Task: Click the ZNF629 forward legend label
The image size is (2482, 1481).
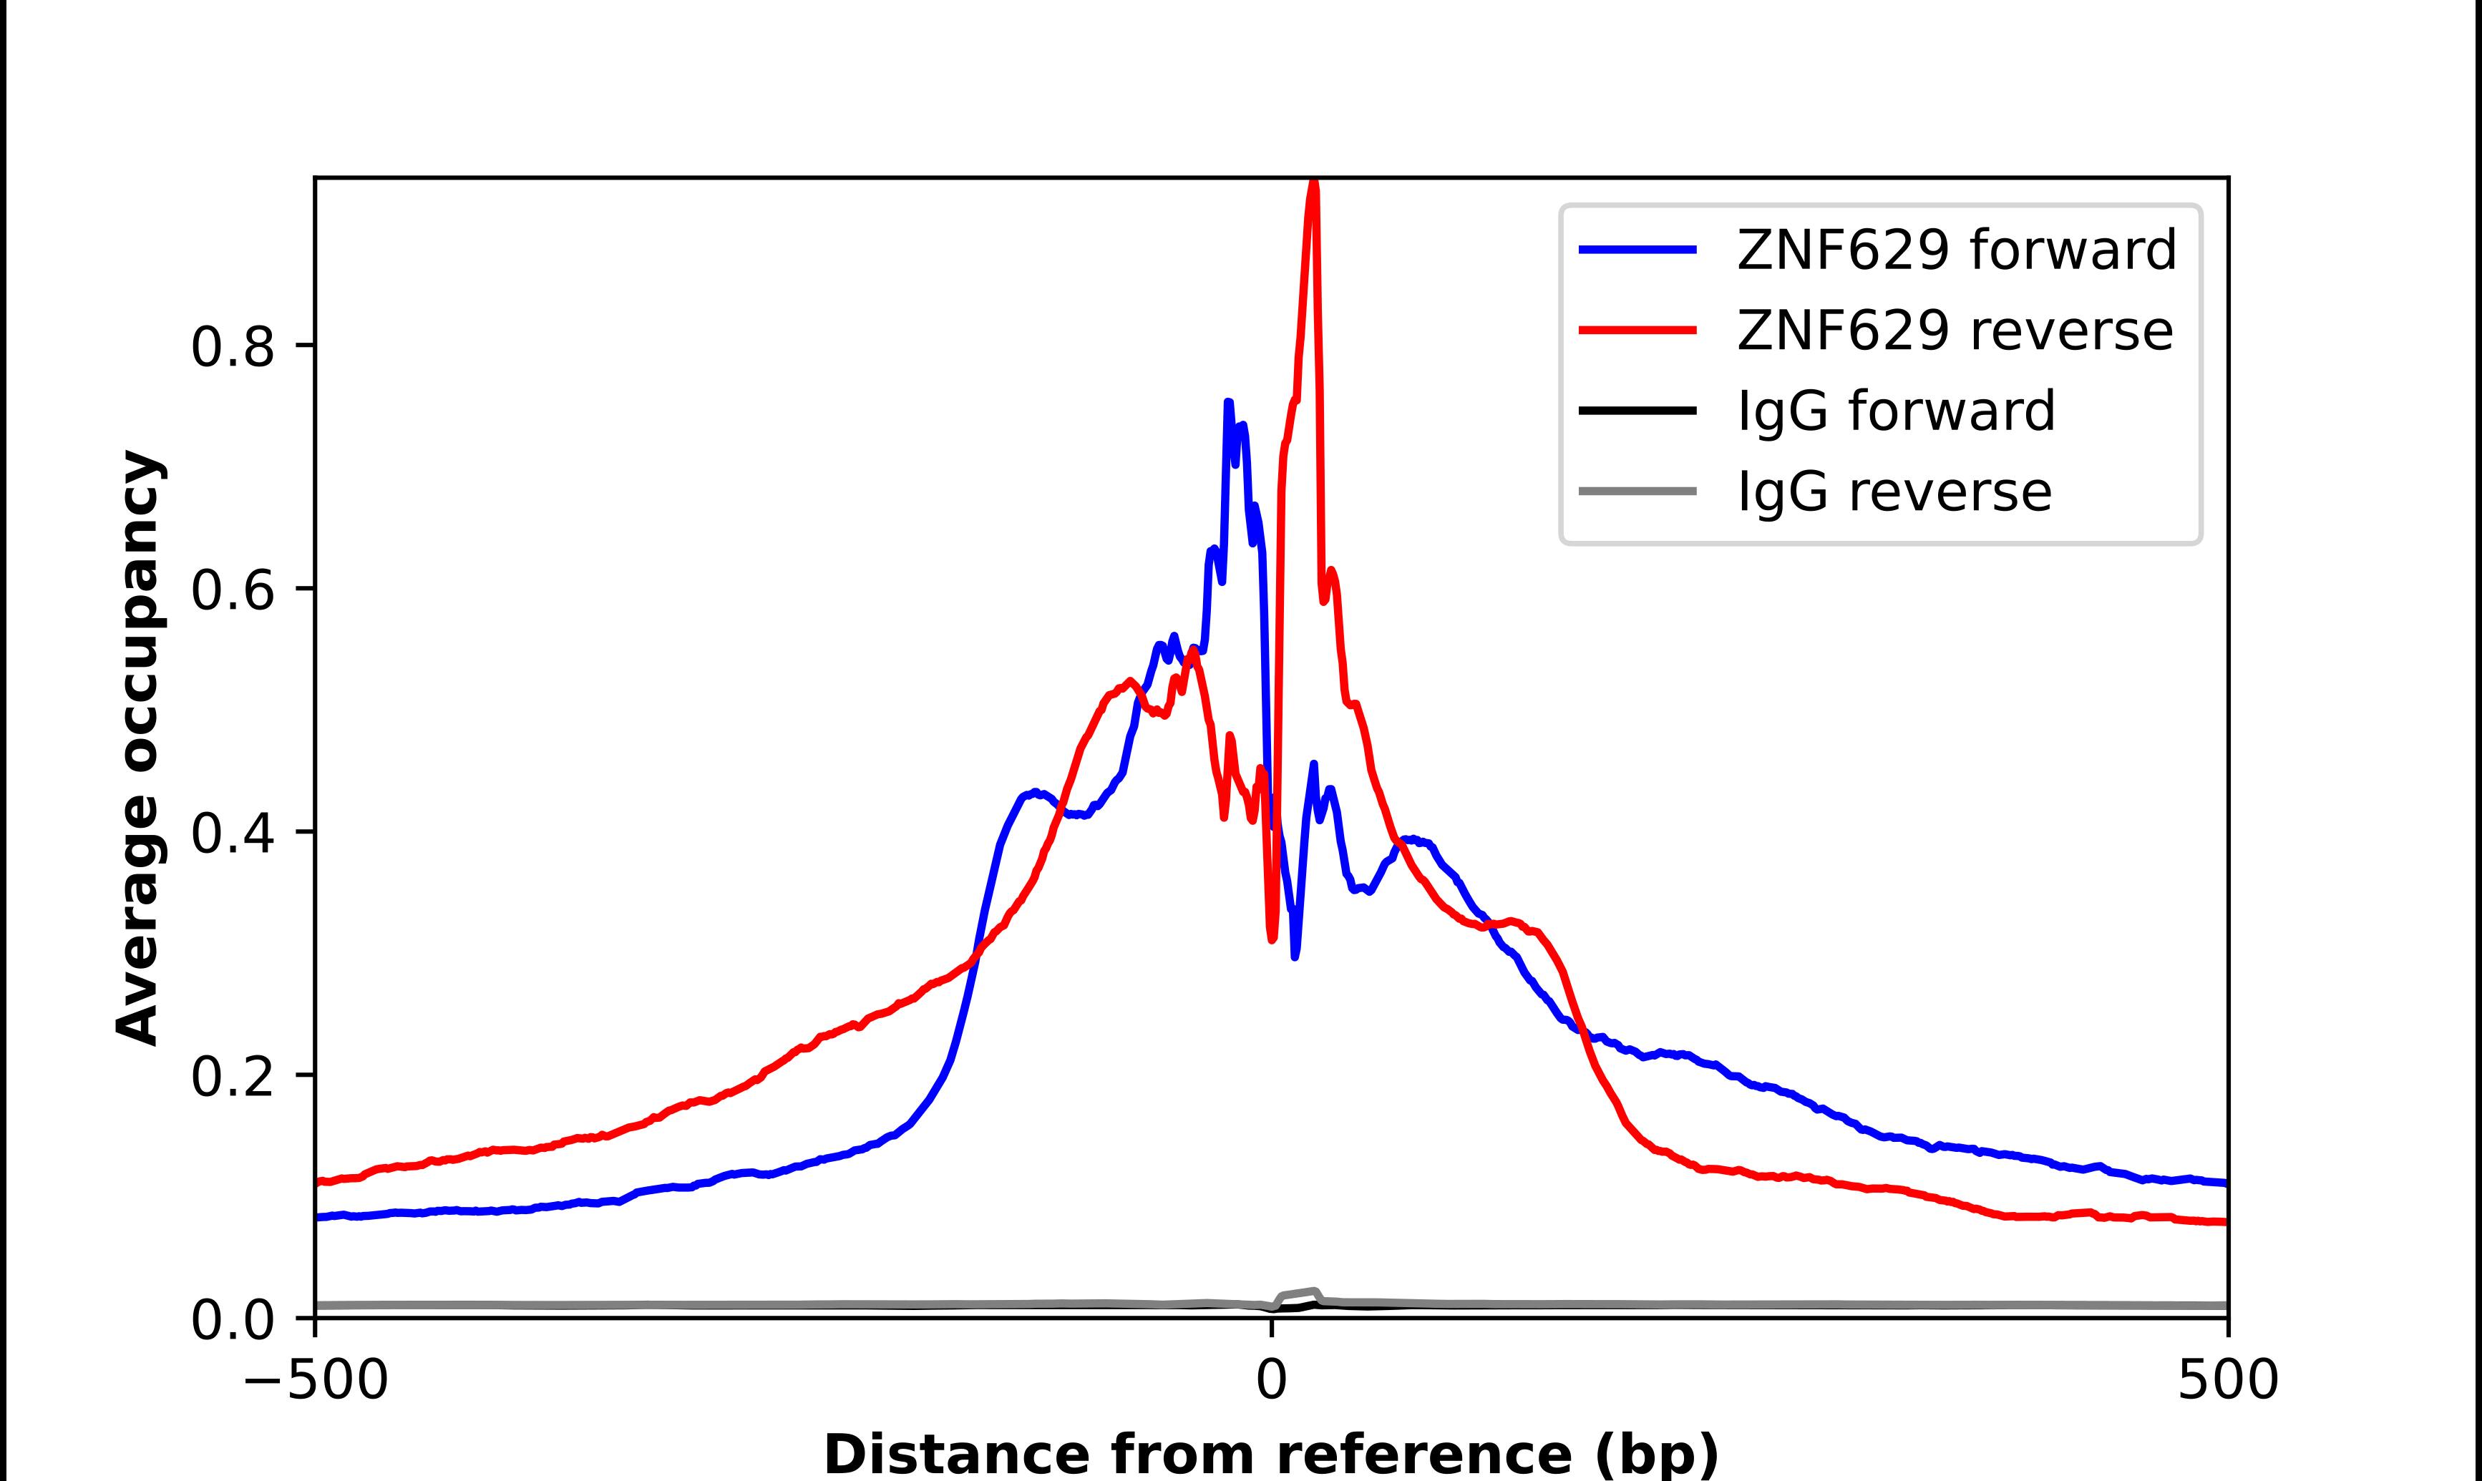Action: pyautogui.click(x=1956, y=250)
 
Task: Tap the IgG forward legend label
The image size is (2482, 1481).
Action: pyautogui.click(x=1896, y=411)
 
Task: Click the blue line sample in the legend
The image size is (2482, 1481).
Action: pyautogui.click(x=1637, y=250)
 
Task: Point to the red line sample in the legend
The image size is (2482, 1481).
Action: pyautogui.click(x=1637, y=331)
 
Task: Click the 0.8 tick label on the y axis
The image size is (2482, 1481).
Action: pyautogui.click(x=232, y=347)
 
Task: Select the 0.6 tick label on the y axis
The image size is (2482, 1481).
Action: pyautogui.click(x=232, y=590)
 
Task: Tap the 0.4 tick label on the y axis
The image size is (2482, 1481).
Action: pyautogui.click(x=232, y=834)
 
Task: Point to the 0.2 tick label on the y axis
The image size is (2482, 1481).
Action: pyautogui.click(x=232, y=1076)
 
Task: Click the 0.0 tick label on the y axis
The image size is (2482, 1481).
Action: pyautogui.click(x=232, y=1320)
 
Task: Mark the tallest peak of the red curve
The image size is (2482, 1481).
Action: pyautogui.click(x=1313, y=185)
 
